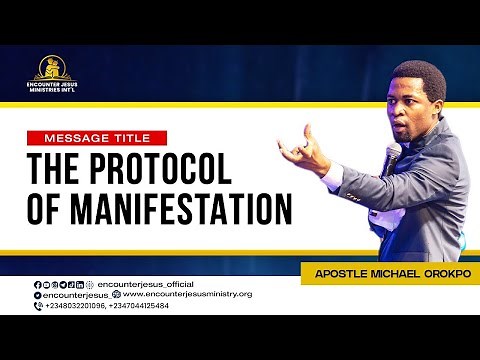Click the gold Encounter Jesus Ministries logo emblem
(52, 67)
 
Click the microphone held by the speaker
(392, 155)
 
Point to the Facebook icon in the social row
(38, 284)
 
